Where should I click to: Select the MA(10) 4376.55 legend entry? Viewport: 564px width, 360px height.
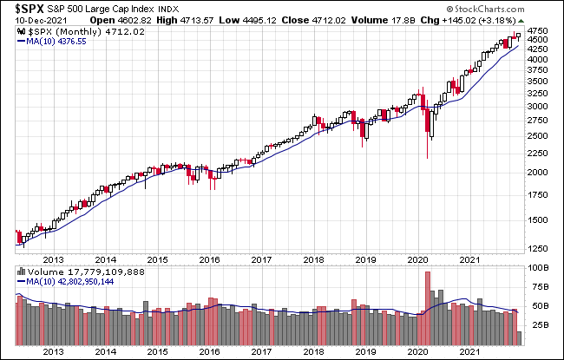click(52, 43)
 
